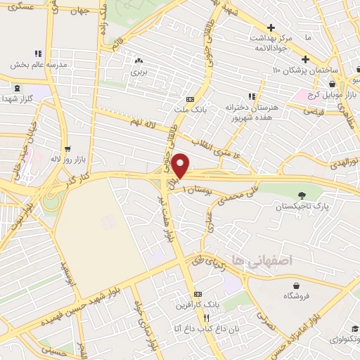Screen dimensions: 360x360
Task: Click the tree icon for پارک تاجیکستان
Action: click(302, 195)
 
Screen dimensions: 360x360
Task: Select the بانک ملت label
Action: click(191, 111)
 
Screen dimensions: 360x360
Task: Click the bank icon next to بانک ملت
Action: click(191, 99)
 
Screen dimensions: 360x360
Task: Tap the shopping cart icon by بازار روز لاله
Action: click(67, 148)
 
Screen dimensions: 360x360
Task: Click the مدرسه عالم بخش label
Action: click(38, 64)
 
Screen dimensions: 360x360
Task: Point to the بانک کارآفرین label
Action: click(198, 304)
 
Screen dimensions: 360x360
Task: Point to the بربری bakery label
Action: click(139, 72)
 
